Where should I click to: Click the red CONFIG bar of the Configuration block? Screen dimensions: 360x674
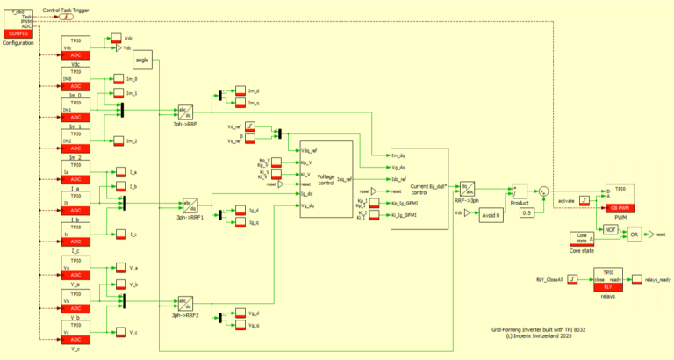tap(18, 32)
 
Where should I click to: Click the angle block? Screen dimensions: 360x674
tap(143, 60)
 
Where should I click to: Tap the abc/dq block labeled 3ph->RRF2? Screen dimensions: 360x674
tap(185, 304)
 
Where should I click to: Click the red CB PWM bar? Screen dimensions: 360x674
tap(620, 207)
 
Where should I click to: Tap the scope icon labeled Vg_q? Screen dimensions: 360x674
tap(240, 324)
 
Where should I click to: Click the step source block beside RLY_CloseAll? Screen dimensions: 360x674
tap(571, 280)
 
